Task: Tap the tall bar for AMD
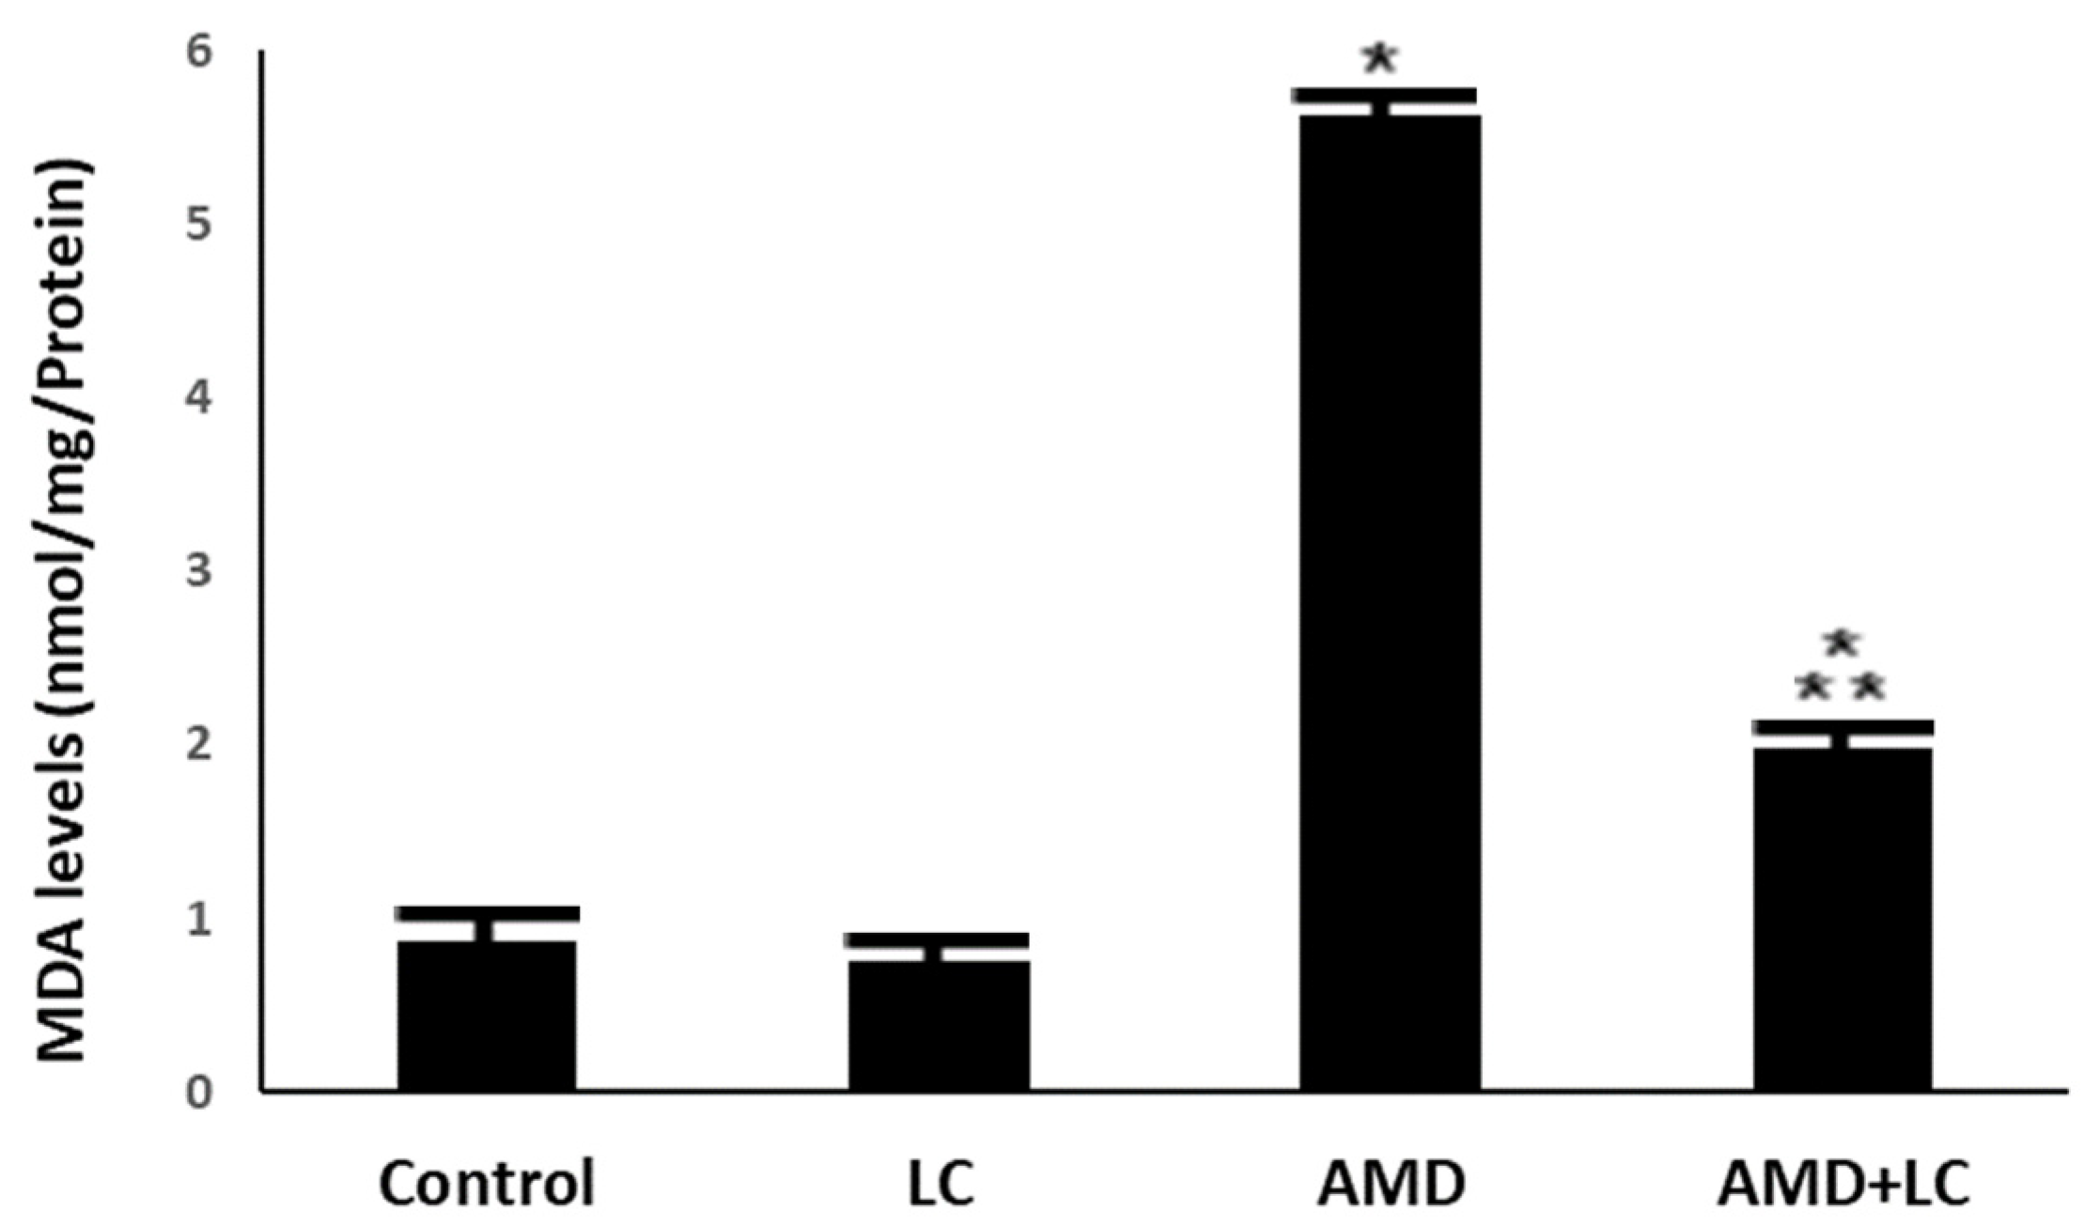(x=1390, y=601)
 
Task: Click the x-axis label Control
(x=487, y=1183)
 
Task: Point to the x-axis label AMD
(x=1390, y=1183)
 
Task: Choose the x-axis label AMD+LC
(x=1843, y=1183)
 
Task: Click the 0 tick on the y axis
(x=198, y=1094)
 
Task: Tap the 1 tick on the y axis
(x=198, y=921)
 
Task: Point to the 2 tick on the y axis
(x=198, y=746)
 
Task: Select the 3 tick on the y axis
(x=198, y=572)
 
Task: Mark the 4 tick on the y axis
(x=198, y=398)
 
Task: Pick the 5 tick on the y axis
(x=198, y=225)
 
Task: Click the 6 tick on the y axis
(x=198, y=53)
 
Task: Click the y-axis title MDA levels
(x=64, y=611)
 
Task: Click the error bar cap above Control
(x=487, y=913)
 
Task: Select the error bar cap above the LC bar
(x=937, y=940)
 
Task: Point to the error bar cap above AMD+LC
(x=1843, y=727)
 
